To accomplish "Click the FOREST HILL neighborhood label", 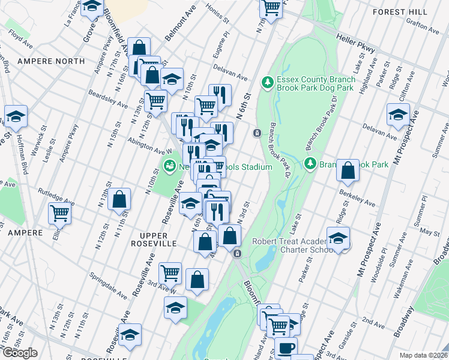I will point(400,12).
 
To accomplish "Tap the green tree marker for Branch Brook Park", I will point(310,163).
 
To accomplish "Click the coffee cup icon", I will point(286,347).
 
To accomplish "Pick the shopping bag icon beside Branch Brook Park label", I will point(348,170).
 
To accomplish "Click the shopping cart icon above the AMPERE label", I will point(59,212).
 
